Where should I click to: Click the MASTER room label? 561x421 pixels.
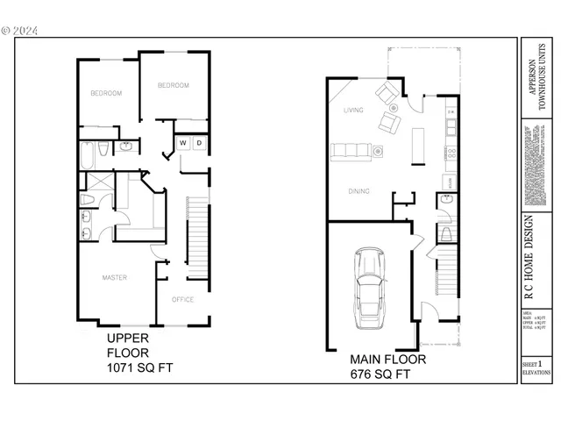tap(115, 278)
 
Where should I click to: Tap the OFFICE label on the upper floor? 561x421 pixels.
tap(182, 299)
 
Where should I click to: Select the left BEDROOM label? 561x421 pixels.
tap(106, 93)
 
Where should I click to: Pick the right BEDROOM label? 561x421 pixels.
tap(173, 85)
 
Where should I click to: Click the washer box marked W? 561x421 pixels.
tap(184, 142)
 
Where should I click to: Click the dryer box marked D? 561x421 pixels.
tap(199, 142)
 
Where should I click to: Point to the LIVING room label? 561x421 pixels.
tap(353, 111)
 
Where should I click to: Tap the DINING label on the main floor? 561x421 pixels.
tap(358, 190)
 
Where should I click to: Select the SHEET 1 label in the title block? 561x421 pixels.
tap(531, 361)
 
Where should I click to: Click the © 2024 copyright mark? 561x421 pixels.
tap(20, 30)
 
